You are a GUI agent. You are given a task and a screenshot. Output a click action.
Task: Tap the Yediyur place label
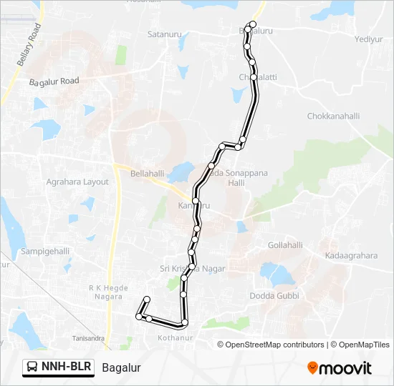click(x=367, y=39)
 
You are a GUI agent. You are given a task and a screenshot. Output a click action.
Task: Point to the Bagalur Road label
click(x=54, y=82)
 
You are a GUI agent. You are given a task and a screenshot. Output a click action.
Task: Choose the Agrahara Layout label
click(x=77, y=182)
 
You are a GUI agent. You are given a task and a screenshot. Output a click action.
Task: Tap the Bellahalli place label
click(x=148, y=174)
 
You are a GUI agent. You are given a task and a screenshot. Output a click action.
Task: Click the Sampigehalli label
click(x=45, y=251)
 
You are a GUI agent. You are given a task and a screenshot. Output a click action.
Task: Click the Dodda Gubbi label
click(x=274, y=295)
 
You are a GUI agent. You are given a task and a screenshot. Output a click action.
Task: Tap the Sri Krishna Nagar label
click(x=192, y=269)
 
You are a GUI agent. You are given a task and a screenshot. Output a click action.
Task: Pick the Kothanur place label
click(x=176, y=337)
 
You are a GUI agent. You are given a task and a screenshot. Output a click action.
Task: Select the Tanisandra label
click(x=88, y=338)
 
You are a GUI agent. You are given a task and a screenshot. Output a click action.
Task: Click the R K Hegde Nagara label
click(x=107, y=292)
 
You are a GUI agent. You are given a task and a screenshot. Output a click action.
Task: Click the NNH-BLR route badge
click(x=59, y=367)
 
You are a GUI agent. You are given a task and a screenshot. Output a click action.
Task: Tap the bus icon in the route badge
click(x=33, y=367)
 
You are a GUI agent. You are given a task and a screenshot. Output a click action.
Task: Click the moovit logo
click(x=340, y=368)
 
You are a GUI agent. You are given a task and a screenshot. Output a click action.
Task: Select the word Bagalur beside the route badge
click(x=121, y=368)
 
